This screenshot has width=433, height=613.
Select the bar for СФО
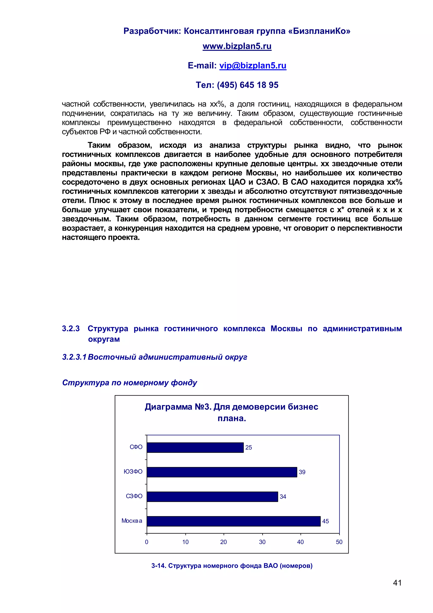[x=195, y=447]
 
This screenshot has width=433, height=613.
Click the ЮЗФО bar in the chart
[x=222, y=472]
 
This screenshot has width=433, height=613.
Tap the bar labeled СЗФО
[x=212, y=497]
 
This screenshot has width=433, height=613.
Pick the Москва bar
[x=234, y=521]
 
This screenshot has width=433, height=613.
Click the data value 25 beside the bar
[x=248, y=448]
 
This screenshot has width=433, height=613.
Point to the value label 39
[x=302, y=472]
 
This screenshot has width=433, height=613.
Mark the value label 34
[x=283, y=497]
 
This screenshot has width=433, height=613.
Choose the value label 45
[x=325, y=521]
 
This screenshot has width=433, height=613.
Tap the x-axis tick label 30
[x=262, y=542]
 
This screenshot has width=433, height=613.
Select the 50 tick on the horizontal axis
[x=339, y=542]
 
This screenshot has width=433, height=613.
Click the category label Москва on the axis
[x=132, y=521]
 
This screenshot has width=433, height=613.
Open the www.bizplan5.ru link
[x=237, y=46]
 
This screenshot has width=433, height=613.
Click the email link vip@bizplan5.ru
[x=253, y=66]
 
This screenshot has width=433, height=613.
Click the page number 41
[x=397, y=583]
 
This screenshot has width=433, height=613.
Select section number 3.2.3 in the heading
[x=71, y=329]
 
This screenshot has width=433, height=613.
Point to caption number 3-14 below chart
[x=158, y=566]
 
